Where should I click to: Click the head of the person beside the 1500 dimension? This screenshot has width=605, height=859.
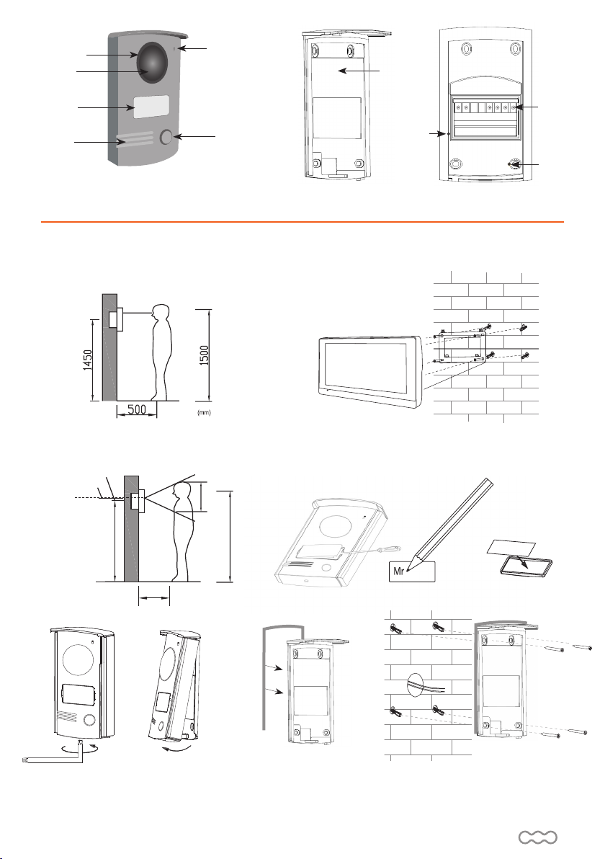tap(161, 315)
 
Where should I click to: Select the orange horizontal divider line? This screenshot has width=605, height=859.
tap(302, 222)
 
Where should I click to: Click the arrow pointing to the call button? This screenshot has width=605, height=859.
tap(197, 136)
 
